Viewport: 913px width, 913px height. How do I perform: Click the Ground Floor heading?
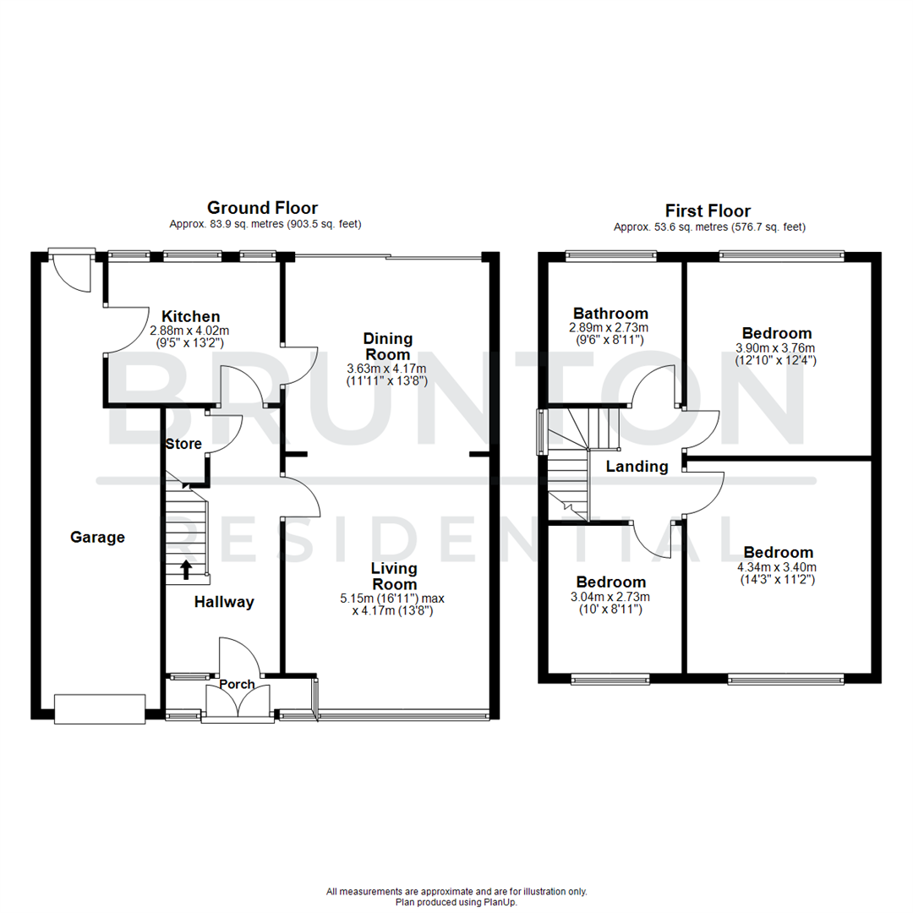tap(262, 207)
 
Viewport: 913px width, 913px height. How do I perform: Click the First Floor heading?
tap(708, 210)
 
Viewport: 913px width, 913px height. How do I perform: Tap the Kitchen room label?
tap(191, 316)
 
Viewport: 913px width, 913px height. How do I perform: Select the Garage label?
tap(97, 537)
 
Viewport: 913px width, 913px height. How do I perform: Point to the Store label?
tap(183, 443)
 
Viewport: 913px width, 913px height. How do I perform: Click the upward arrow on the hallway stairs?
tap(186, 568)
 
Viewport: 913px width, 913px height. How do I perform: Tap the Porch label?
tap(237, 684)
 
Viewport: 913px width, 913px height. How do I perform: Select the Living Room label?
tap(394, 577)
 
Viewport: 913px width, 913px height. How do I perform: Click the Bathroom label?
tap(610, 314)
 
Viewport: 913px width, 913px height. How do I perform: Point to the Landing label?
tap(637, 467)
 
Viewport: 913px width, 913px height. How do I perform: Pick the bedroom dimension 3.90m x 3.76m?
tap(776, 347)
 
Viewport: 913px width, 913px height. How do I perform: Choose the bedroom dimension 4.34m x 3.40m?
tap(776, 567)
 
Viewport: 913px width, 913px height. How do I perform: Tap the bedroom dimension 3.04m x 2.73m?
tap(610, 597)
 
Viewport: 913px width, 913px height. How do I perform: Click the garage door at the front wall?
tap(99, 708)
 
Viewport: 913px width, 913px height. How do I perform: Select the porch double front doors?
tap(238, 705)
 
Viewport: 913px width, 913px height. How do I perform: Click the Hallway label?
tap(224, 602)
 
